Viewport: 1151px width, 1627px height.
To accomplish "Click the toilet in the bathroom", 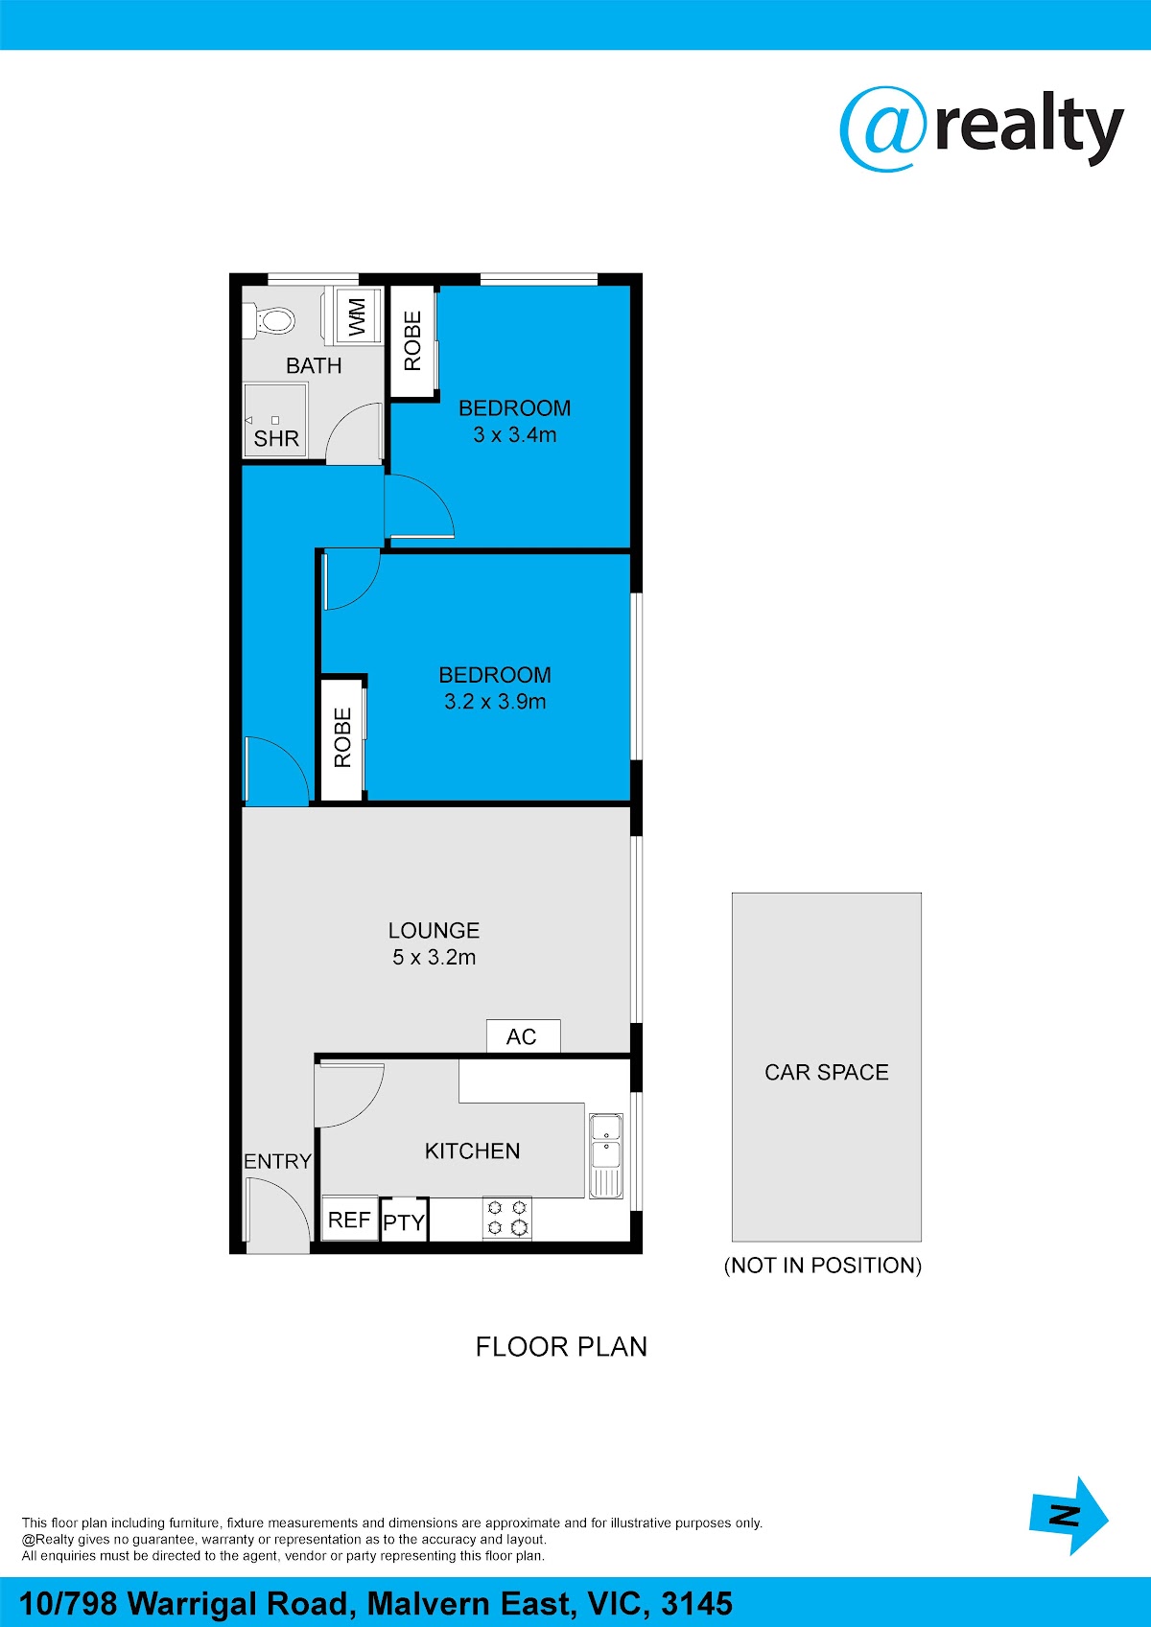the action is pos(270,320).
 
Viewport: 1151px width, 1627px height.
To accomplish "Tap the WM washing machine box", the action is pos(357,316).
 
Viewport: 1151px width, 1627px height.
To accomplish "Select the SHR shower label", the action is pos(276,439).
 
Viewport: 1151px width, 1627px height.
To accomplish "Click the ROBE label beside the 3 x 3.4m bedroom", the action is pos(412,340).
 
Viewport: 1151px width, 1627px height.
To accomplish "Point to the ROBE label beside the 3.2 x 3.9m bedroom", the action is pos(342,737).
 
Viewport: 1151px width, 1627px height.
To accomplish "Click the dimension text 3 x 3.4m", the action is pos(514,435).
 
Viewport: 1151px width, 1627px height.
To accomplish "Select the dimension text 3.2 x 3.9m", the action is pos(495,702).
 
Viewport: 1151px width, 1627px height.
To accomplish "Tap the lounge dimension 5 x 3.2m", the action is pos(434,958).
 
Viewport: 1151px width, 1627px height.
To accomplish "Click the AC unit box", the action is pos(523,1036).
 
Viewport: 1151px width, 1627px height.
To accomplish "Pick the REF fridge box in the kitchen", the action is pos(349,1220).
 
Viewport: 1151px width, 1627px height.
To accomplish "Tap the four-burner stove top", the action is pos(507,1218).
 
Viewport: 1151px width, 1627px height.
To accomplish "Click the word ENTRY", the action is pos(277,1161).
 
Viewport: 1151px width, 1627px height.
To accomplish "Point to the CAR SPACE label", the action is pos(826,1072).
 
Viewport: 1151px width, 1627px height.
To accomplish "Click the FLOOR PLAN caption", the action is pos(561,1347).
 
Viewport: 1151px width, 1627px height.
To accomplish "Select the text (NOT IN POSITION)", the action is pos(823,1266).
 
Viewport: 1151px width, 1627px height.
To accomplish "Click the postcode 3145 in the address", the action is pos(697,1603).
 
